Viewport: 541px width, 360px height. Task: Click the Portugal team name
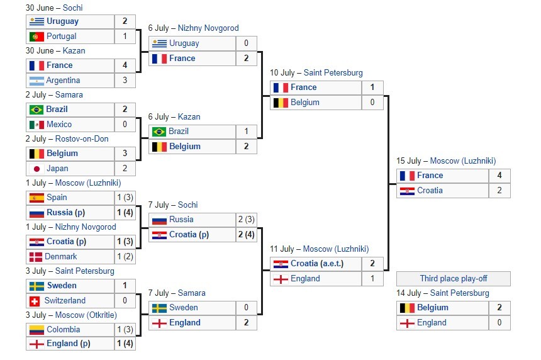click(62, 37)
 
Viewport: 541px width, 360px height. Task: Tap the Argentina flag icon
click(36, 81)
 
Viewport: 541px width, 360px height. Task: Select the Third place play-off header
click(453, 279)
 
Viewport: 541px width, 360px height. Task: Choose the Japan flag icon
click(36, 169)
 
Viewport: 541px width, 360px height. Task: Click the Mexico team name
click(59, 125)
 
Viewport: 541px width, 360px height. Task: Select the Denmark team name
click(61, 257)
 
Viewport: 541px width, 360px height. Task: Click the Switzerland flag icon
click(36, 301)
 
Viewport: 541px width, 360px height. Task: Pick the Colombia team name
click(64, 330)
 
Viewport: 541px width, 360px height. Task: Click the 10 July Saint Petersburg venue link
click(334, 73)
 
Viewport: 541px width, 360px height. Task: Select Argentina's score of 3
click(125, 81)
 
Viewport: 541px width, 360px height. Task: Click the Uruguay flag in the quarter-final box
click(159, 43)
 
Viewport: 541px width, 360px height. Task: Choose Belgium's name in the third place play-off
click(433, 308)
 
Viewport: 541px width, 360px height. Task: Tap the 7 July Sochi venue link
click(187, 205)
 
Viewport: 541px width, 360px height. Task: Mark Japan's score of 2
click(125, 169)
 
